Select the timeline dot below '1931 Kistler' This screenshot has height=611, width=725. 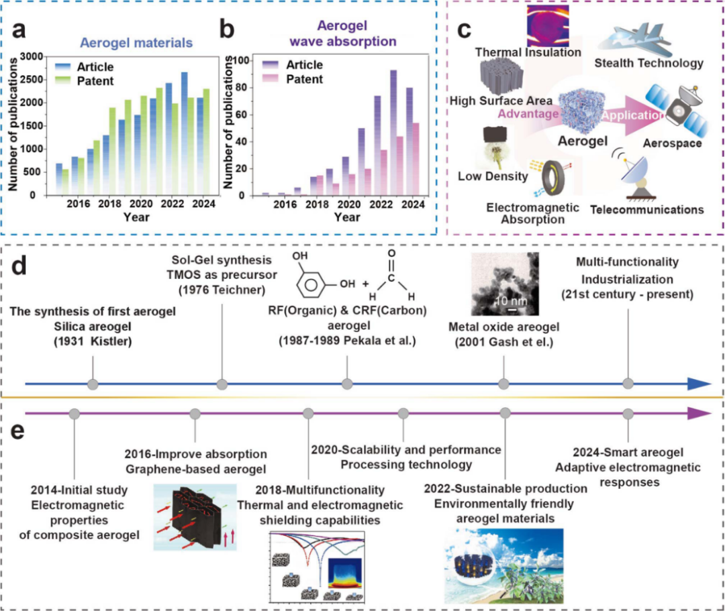[x=93, y=384]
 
